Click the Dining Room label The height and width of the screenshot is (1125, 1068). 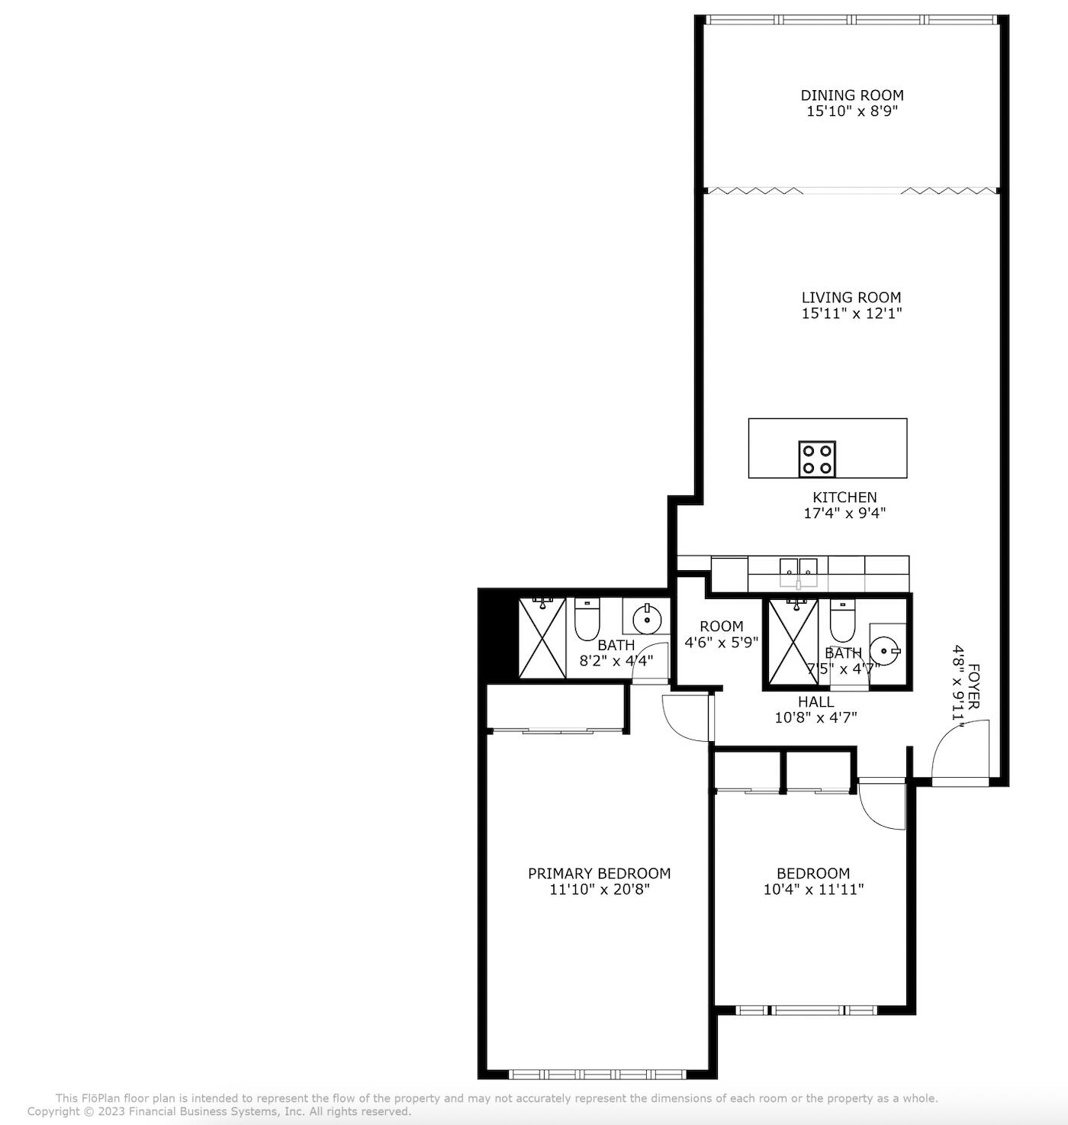851,95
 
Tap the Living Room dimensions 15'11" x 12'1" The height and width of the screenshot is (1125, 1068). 851,314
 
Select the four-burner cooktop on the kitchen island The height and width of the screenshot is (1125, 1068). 817,459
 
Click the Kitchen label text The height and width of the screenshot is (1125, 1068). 844,498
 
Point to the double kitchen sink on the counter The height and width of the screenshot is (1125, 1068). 798,569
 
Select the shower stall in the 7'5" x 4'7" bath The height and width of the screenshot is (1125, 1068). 793,640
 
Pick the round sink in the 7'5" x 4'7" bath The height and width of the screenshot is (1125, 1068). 887,650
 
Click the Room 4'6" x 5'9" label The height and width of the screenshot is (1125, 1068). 721,627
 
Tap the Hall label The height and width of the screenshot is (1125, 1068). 815,702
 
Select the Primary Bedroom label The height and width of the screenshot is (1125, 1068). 599,874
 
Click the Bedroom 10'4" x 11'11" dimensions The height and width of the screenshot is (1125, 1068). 813,890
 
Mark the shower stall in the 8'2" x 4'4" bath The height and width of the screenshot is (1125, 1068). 542,638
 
